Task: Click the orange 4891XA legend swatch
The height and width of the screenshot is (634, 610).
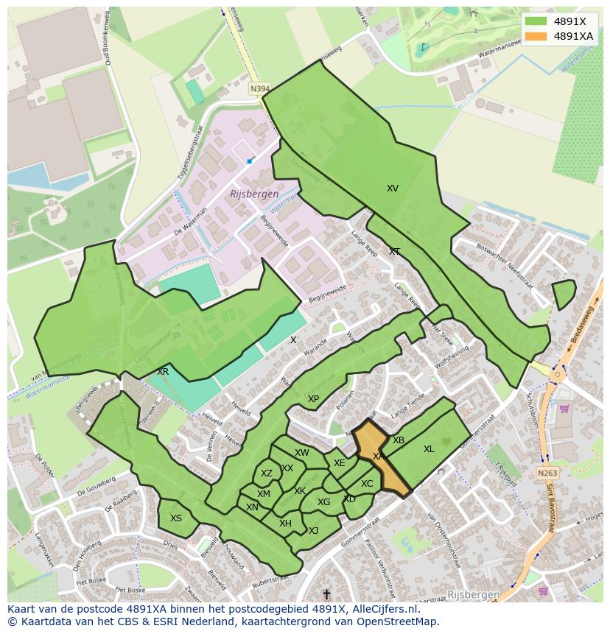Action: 536,36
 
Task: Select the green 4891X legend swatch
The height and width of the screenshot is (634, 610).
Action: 536,21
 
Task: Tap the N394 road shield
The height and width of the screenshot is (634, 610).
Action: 259,88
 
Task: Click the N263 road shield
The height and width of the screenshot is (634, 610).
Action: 547,473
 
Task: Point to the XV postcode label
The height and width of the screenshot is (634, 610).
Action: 393,189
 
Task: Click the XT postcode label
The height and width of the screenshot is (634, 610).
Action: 395,252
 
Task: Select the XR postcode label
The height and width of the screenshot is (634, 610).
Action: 163,372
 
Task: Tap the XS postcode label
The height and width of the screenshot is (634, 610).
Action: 176,518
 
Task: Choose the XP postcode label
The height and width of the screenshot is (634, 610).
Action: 313,398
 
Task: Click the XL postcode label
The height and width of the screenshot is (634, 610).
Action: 429,449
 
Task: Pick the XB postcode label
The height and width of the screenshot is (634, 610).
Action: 399,440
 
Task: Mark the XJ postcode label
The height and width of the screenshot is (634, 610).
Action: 313,530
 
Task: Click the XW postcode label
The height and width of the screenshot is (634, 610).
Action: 301,453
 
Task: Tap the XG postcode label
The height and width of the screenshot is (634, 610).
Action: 323,502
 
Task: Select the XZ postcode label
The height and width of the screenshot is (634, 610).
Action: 267,473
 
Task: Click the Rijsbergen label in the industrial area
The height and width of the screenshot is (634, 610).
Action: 254,194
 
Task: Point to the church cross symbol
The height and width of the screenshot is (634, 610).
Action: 326,593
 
